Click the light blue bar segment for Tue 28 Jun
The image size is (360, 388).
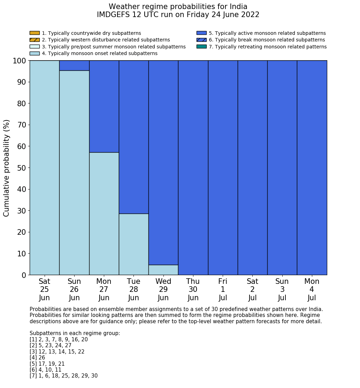[133, 244]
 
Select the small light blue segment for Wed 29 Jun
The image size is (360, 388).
[163, 270]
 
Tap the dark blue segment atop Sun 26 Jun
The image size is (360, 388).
[74, 65]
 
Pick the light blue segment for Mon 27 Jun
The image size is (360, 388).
[104, 214]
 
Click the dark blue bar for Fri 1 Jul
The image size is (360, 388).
[223, 168]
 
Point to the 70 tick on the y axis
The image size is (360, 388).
[21, 125]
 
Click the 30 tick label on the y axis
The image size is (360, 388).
[21, 211]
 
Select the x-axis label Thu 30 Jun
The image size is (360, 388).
[193, 289]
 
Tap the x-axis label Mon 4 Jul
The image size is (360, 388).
[312, 289]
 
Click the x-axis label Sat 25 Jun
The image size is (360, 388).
[44, 289]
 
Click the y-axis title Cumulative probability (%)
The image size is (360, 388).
[7, 168]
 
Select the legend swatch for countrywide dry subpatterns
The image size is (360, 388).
[35, 33]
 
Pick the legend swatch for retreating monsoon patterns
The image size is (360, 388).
[201, 47]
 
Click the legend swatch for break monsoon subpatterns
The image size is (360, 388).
[201, 40]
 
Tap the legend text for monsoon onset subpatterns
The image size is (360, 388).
[100, 53]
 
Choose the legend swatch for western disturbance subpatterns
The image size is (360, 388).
[35, 40]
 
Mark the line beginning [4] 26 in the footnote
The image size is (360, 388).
[37, 358]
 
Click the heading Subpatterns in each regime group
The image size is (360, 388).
[75, 333]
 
